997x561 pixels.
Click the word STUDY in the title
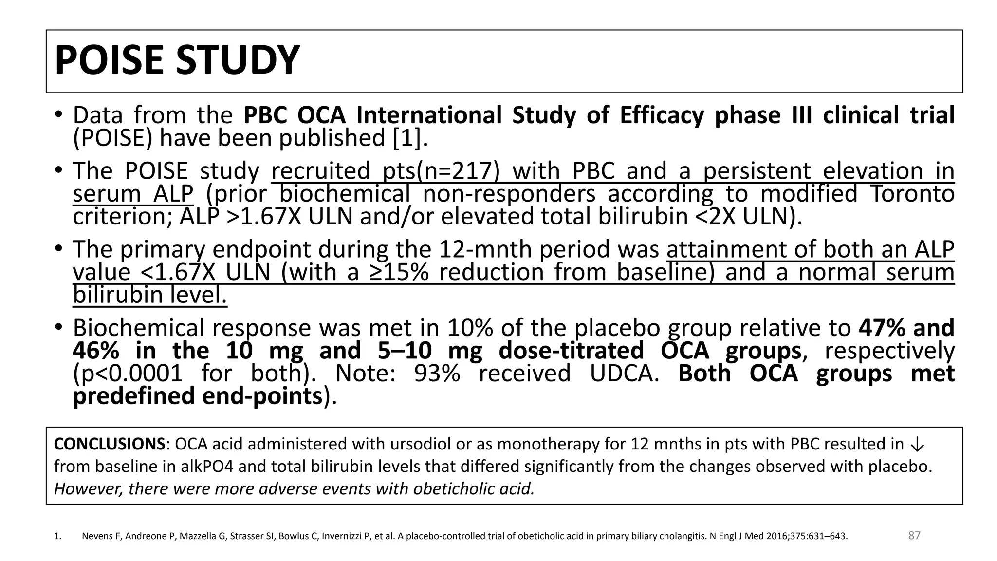[237, 60]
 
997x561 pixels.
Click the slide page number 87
[914, 535]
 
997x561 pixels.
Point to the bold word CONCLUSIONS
[109, 444]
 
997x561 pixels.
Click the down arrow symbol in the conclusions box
[917, 444]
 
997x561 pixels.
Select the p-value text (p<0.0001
[128, 374]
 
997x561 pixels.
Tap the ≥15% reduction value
[399, 272]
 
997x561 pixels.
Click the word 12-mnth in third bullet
[484, 249]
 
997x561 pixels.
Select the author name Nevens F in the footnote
[100, 537]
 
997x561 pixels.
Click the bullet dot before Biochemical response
[58, 327]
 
